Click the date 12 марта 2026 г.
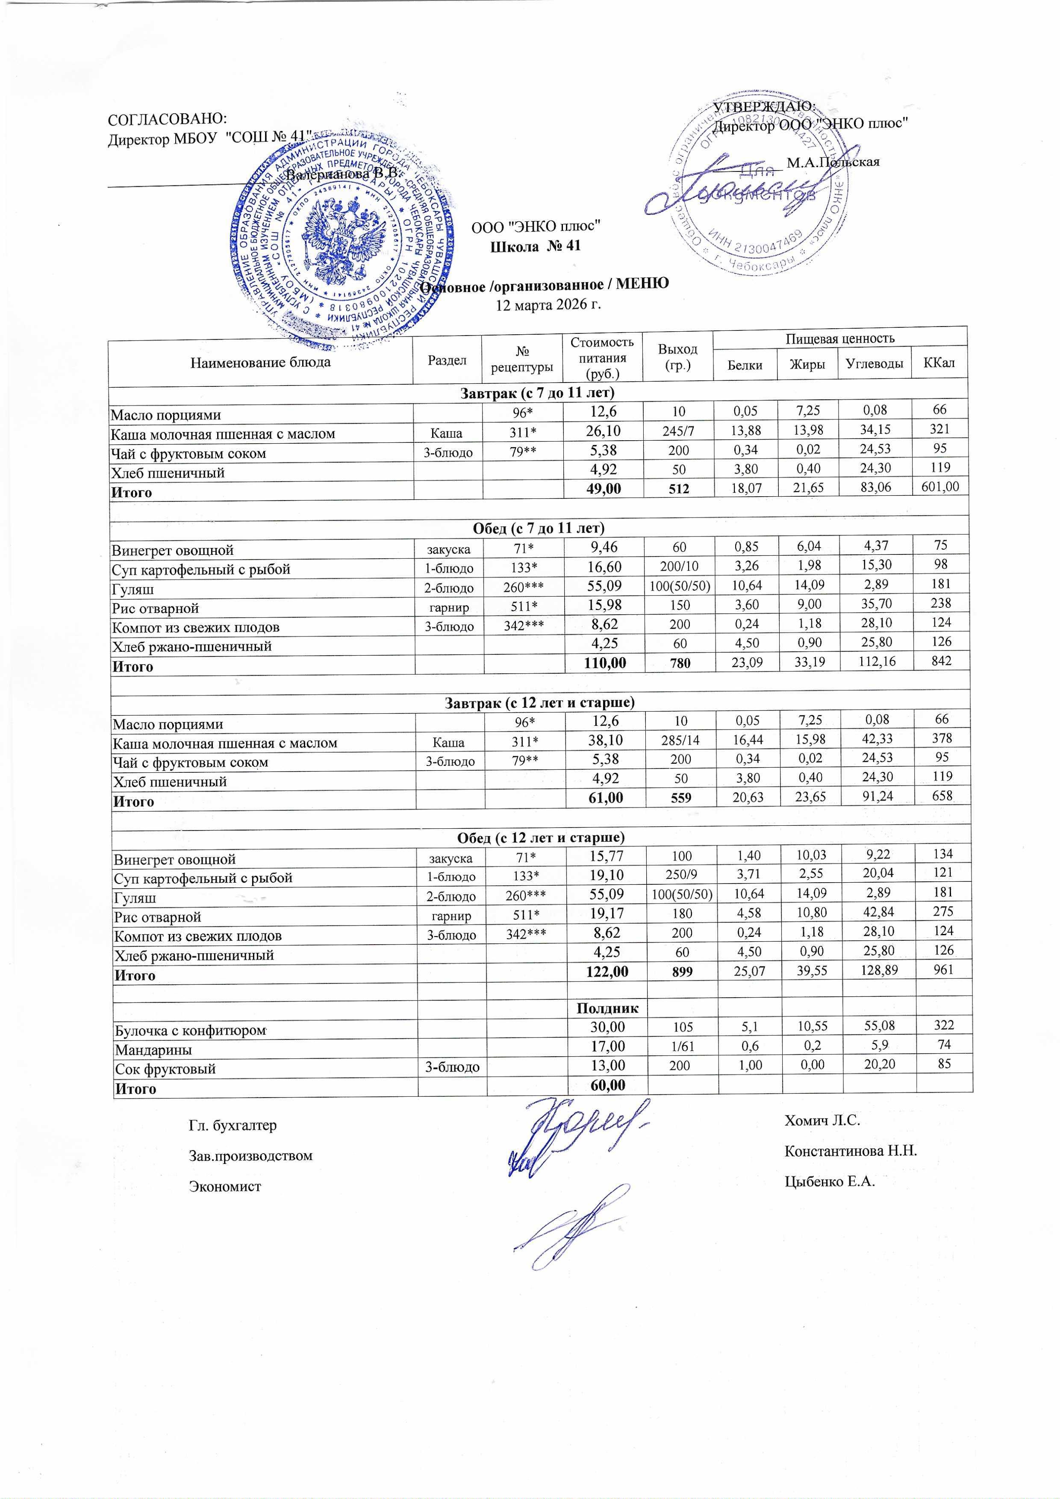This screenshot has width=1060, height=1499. point(548,305)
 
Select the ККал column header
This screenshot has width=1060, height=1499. point(939,364)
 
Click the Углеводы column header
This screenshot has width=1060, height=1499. point(874,364)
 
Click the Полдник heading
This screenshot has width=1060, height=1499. point(607,1008)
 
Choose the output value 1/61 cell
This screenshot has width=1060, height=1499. point(681,1047)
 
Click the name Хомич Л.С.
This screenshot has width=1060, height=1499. point(822,1120)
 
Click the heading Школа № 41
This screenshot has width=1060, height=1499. point(535,246)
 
